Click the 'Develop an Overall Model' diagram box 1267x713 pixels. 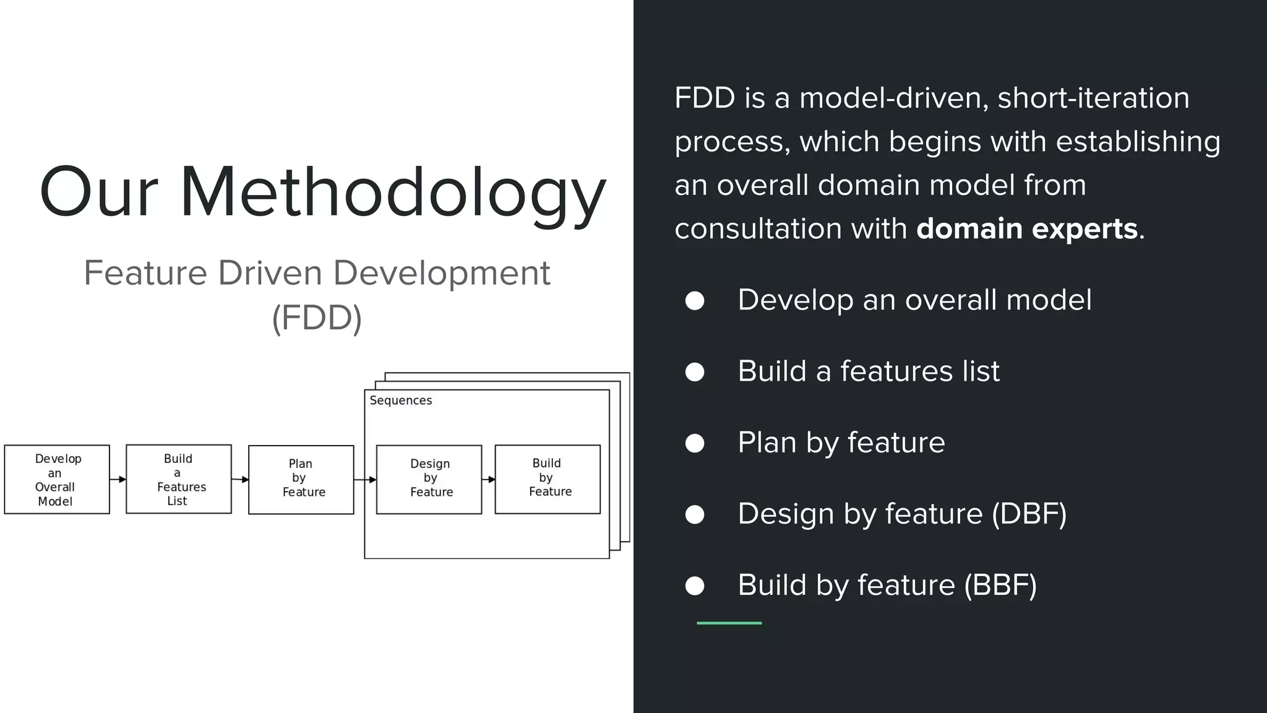coord(57,479)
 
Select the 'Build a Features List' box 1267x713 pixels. coord(179,479)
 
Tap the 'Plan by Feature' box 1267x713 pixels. coord(301,479)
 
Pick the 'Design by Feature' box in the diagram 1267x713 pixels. coord(429,479)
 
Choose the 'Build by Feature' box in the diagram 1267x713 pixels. coord(548,479)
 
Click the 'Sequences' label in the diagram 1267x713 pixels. coord(401,400)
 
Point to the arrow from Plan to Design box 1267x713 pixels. coord(365,480)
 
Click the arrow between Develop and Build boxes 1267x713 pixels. coord(118,479)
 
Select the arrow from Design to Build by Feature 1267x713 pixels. coord(489,479)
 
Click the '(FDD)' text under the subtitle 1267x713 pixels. coord(317,318)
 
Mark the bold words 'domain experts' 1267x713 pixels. coord(1027,229)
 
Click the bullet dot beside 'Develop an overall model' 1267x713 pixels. coord(695,301)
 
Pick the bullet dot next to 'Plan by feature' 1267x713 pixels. coord(695,443)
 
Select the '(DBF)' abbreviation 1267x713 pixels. coord(1029,514)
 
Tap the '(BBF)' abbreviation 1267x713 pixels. coord(1000,585)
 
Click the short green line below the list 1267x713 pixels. coord(729,623)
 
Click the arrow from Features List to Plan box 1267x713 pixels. coord(240,479)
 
